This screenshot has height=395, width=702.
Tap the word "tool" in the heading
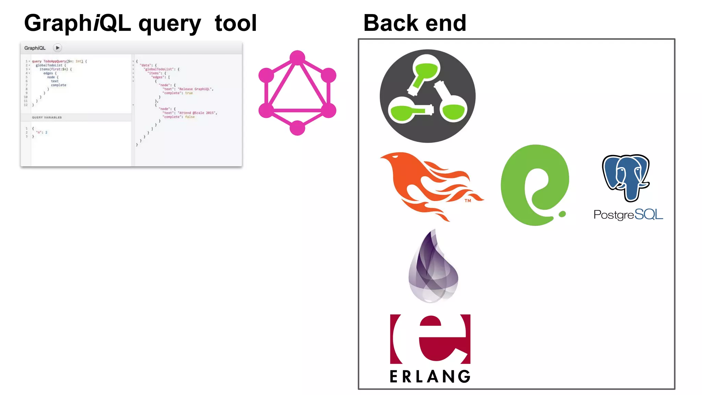coord(235,23)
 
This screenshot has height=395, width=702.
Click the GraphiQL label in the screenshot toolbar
coord(35,48)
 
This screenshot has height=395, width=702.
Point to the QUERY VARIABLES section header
coord(47,118)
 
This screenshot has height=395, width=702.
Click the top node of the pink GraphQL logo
coord(297,58)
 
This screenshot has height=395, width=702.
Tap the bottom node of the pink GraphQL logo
coord(297,128)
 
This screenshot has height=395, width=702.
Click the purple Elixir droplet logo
coord(434,267)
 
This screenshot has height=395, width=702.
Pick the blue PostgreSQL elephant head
coord(626,177)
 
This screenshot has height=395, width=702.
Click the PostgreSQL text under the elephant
coord(628,215)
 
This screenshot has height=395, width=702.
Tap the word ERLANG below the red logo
coord(430,376)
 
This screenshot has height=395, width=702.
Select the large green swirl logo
coord(533,185)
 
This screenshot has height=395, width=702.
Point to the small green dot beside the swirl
coord(562,214)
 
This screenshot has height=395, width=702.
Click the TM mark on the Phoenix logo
coord(468,201)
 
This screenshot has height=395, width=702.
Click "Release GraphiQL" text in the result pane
coord(195,89)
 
